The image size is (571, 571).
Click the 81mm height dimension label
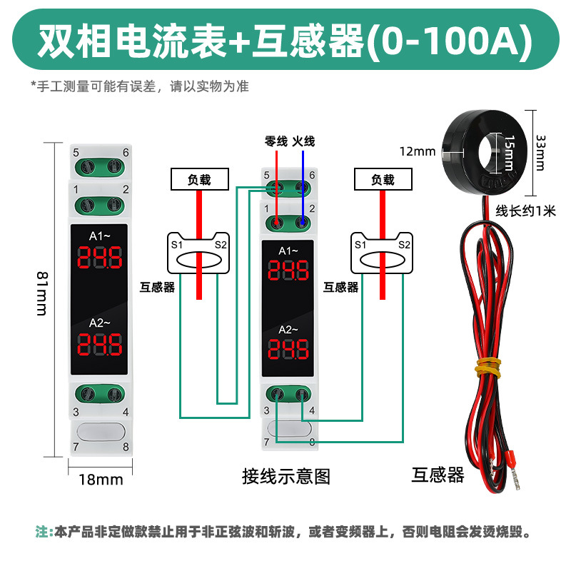pyautogui.click(x=41, y=295)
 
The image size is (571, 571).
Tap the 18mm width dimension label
pyautogui.click(x=101, y=479)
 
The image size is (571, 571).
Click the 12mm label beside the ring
pyautogui.click(x=418, y=151)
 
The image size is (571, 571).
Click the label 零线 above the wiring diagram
pyautogui.click(x=276, y=141)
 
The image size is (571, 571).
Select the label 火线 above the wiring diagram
pyautogui.click(x=303, y=141)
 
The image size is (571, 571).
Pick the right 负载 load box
pyautogui.click(x=383, y=180)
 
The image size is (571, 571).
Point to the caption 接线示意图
pyautogui.click(x=286, y=476)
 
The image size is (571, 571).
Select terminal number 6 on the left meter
pyautogui.click(x=126, y=152)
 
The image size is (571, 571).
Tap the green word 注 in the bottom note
pyautogui.click(x=41, y=532)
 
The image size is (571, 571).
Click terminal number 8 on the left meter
pyautogui.click(x=126, y=447)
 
